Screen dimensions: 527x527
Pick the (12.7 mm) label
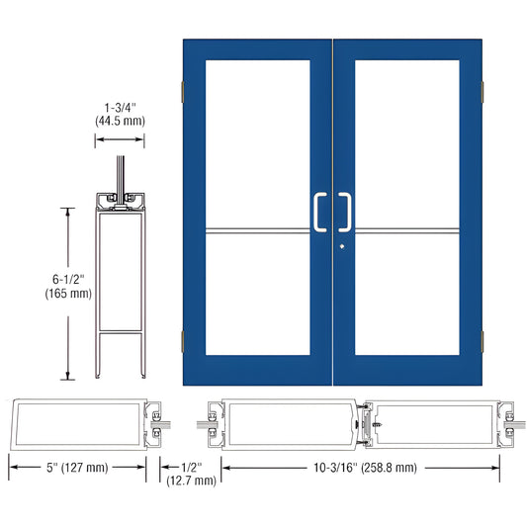[x=191, y=481]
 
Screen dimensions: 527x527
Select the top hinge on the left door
[x=180, y=92]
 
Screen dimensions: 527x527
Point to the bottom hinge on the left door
[x=180, y=342]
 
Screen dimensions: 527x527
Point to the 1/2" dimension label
[x=191, y=467]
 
